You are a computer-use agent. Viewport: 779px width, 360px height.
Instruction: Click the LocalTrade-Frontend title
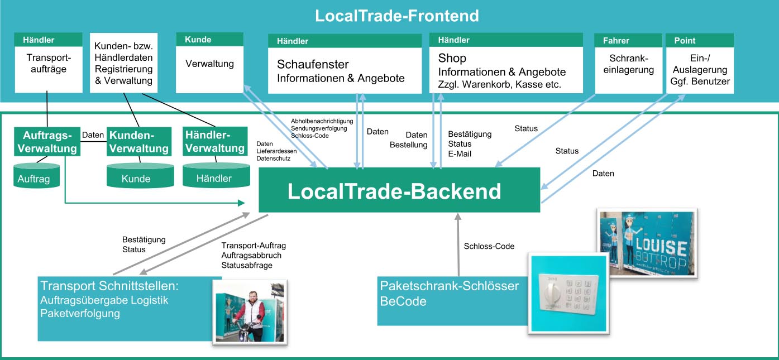point(396,16)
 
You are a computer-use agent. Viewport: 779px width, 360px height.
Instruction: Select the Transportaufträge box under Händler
point(46,64)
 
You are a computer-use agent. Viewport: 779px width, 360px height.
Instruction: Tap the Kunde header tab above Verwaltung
point(209,40)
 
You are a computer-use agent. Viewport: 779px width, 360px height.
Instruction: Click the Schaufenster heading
point(313,64)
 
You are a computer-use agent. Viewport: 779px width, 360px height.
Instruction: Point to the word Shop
point(452,59)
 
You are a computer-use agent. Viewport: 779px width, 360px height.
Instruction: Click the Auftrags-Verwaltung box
point(47,142)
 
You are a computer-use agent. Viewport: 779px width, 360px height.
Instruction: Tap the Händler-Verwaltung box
point(215,142)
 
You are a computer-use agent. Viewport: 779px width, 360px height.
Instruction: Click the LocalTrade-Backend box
point(399,191)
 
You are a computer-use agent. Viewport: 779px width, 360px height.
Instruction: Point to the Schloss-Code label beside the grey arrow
point(489,246)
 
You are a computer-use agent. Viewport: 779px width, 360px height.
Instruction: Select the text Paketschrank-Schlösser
point(449,286)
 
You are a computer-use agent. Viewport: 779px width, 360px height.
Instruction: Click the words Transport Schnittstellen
point(109,286)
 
